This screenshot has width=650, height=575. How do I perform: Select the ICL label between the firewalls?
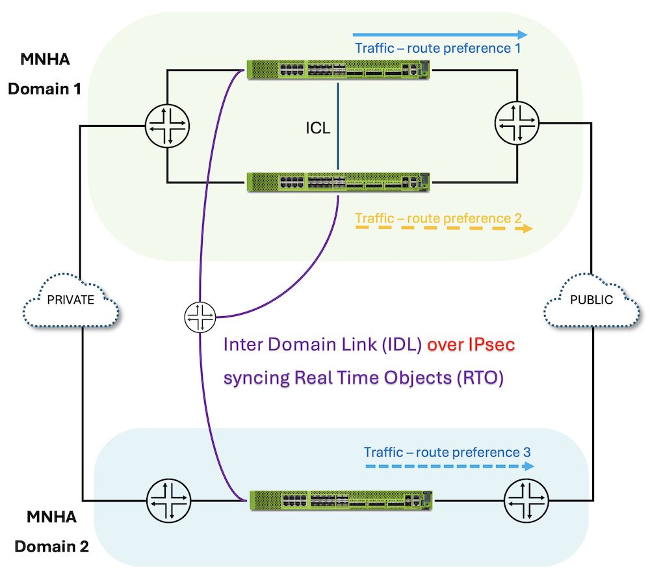tap(318, 128)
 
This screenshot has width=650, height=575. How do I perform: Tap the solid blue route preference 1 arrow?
tap(440, 34)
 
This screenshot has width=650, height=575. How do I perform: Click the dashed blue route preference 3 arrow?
tap(448, 466)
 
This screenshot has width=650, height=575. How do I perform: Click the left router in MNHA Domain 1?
tap(167, 126)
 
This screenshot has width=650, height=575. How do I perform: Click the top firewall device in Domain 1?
tap(338, 70)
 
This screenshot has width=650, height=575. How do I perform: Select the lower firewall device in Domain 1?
tap(338, 181)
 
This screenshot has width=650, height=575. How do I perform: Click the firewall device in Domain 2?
tap(341, 501)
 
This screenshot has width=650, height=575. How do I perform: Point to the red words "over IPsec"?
tap(471, 345)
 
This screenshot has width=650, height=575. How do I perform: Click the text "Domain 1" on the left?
tap(44, 88)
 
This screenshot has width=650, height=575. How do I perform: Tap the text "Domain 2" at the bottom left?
tap(51, 546)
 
